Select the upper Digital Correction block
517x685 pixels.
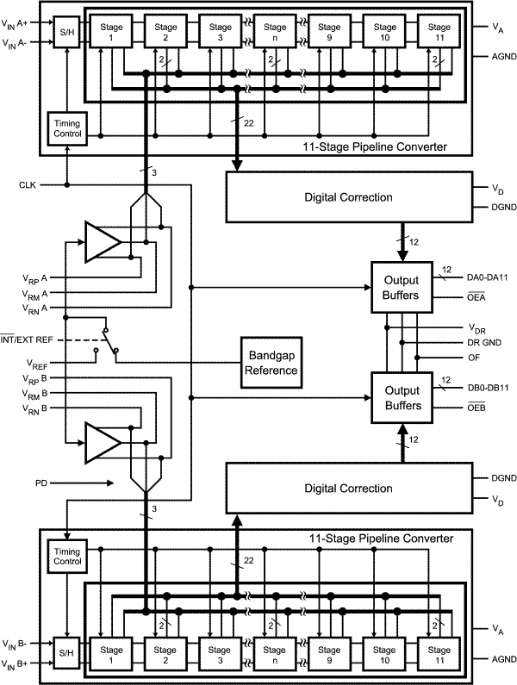348,197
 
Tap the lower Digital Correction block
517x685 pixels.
348,488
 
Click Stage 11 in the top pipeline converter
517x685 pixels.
439,34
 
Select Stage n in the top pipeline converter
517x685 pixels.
275,34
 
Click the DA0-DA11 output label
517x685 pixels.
488,277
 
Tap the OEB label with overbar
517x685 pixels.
477,407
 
